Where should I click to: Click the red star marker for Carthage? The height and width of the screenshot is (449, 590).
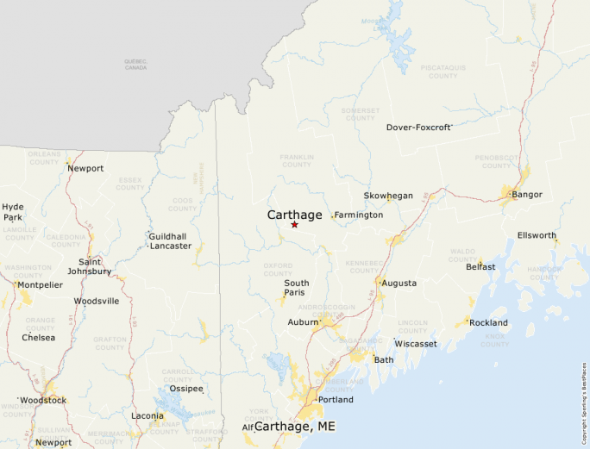pyautogui.click(x=294, y=225)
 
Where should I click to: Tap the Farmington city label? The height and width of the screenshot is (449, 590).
pyautogui.click(x=359, y=215)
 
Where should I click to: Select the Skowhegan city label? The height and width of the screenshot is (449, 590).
pyautogui.click(x=388, y=196)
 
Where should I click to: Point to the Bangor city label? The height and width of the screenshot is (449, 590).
pyautogui.click(x=527, y=194)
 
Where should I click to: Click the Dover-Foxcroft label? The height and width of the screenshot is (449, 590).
pyautogui.click(x=418, y=127)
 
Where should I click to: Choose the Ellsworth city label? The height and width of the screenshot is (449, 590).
pyautogui.click(x=537, y=235)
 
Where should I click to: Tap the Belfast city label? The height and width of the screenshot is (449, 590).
pyautogui.click(x=480, y=266)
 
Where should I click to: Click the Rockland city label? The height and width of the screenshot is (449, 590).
pyautogui.click(x=489, y=323)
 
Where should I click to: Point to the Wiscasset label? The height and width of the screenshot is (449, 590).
pyautogui.click(x=416, y=343)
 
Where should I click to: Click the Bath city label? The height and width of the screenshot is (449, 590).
pyautogui.click(x=384, y=359)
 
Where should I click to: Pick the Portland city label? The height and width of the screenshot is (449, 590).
pyautogui.click(x=336, y=400)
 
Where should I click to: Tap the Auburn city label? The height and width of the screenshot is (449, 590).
pyautogui.click(x=303, y=322)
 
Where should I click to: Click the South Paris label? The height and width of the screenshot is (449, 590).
pyautogui.click(x=297, y=289)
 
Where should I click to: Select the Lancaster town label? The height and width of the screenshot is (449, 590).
pyautogui.click(x=171, y=246)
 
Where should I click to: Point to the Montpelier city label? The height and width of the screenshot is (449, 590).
pyautogui.click(x=40, y=284)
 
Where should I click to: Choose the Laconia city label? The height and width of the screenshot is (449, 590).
pyautogui.click(x=147, y=416)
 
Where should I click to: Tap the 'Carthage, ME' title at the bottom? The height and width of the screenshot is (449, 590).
pyautogui.click(x=295, y=427)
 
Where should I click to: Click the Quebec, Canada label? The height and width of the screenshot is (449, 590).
pyautogui.click(x=135, y=64)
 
